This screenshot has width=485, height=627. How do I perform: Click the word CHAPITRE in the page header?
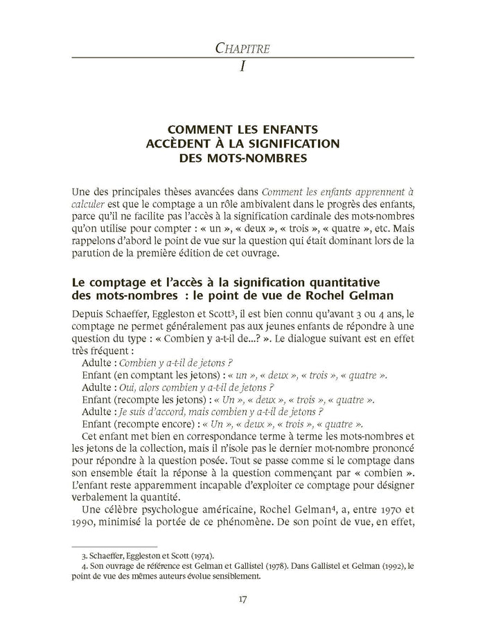click(242, 48)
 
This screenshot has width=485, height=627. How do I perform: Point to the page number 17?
click(242, 599)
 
